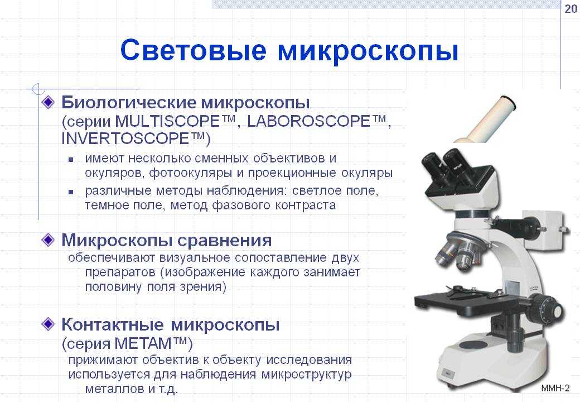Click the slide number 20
click(x=571, y=8)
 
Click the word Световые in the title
click(x=193, y=50)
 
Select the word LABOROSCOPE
click(x=308, y=121)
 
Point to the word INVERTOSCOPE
click(x=125, y=138)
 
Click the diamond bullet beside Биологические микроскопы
click(x=48, y=102)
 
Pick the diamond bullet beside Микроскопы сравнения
click(x=48, y=240)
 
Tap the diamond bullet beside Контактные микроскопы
click(x=48, y=324)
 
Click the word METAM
click(x=142, y=343)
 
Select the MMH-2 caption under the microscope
click(x=555, y=388)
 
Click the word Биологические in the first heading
click(x=129, y=102)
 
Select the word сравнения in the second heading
click(x=225, y=241)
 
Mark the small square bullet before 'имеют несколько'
click(x=71, y=160)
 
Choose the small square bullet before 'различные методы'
click(x=71, y=192)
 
